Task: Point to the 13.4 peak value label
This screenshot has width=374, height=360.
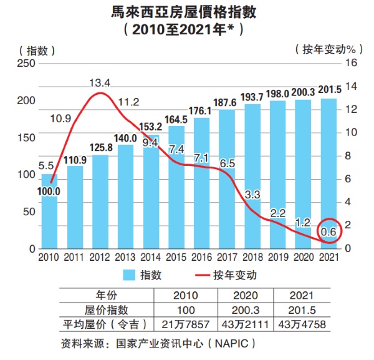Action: coord(100,82)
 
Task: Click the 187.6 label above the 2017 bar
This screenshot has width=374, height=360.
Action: coord(228,103)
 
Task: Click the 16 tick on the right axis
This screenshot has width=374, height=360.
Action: coord(350,63)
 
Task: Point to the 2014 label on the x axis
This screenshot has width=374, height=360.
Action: coord(151,256)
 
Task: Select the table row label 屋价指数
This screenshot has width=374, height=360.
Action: coord(106,309)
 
